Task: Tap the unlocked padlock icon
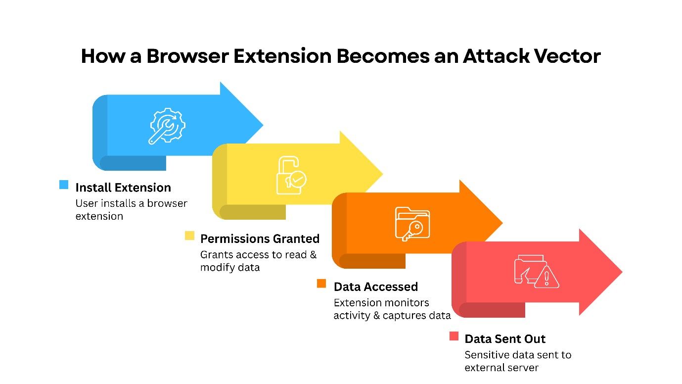[x=290, y=176]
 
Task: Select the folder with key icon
[x=412, y=224]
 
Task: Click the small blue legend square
[x=64, y=185]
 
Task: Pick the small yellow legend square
[x=189, y=236]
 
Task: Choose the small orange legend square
[x=321, y=284]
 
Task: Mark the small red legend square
[x=454, y=336]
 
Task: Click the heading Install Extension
[x=123, y=188]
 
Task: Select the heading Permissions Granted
[x=260, y=239]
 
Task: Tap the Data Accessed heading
[x=376, y=287]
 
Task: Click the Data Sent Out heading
[x=505, y=339]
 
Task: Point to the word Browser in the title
[x=189, y=56]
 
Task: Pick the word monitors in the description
[x=407, y=302]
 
